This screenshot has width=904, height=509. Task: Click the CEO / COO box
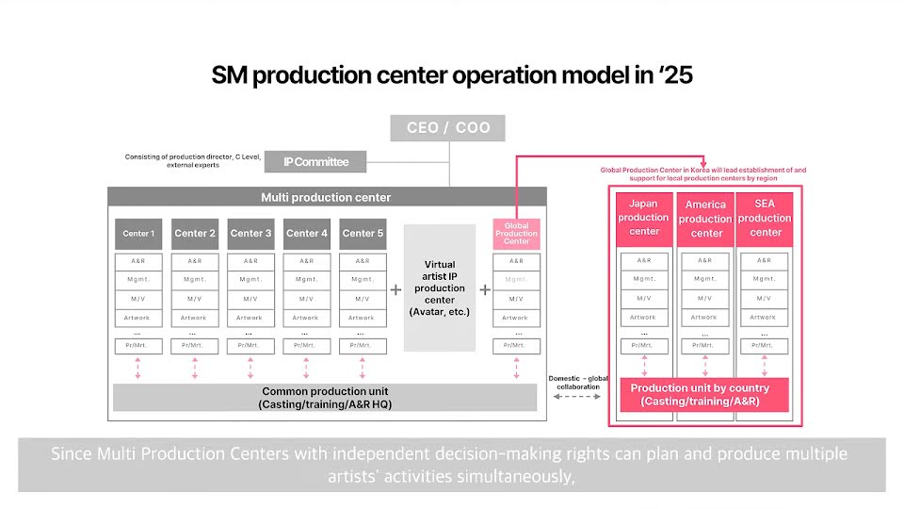click(448, 128)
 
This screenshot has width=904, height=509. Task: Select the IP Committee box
click(316, 162)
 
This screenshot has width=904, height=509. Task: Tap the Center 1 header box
click(138, 234)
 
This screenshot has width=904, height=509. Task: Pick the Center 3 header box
click(251, 234)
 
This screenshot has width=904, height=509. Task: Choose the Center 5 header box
click(363, 234)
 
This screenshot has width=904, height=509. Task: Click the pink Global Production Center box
click(516, 234)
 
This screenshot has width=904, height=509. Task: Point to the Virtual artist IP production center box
click(439, 287)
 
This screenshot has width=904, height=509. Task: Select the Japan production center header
click(644, 218)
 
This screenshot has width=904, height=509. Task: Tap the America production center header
click(705, 219)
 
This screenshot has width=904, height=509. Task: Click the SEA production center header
click(766, 218)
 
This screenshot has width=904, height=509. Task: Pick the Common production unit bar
click(325, 398)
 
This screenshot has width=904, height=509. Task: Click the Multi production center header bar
click(326, 197)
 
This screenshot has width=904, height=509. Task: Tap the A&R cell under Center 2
click(195, 261)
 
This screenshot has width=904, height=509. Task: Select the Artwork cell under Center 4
click(306, 318)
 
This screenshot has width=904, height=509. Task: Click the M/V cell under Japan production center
click(644, 298)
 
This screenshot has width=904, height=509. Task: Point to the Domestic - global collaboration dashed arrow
click(577, 397)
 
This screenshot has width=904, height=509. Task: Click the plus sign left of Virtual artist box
click(395, 289)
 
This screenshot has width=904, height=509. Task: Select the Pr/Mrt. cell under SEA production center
click(764, 346)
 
